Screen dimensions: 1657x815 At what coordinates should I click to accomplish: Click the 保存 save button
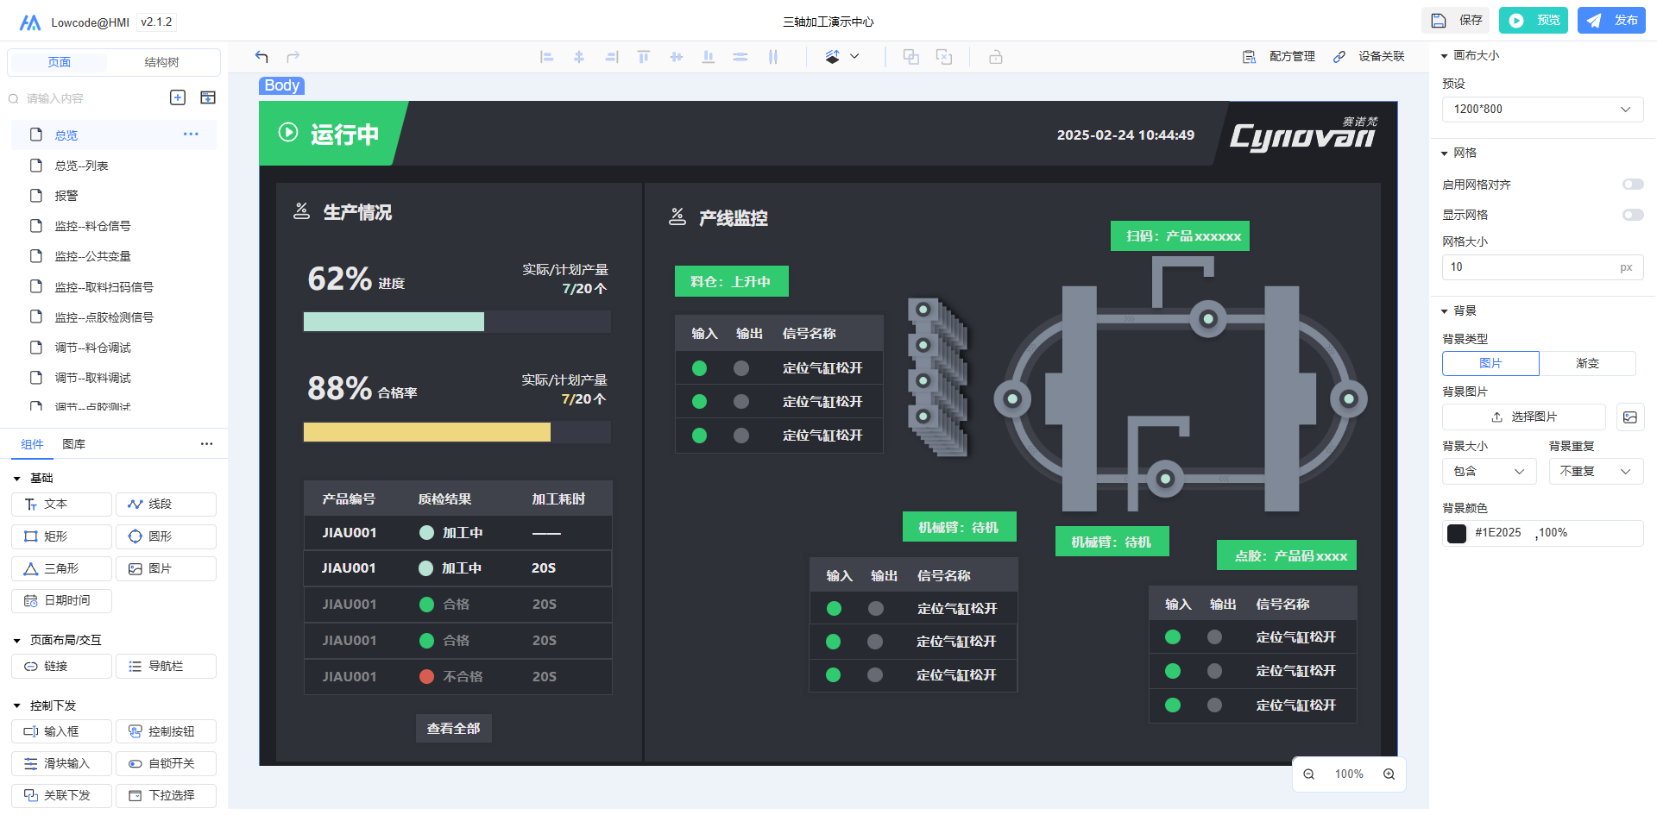(x=1457, y=21)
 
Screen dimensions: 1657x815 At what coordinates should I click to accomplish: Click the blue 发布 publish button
(x=1611, y=21)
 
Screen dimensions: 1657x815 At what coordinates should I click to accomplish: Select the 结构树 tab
(x=161, y=62)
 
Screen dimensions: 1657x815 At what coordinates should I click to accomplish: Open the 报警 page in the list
(x=66, y=196)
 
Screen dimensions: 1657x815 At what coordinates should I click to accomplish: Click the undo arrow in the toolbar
(x=261, y=57)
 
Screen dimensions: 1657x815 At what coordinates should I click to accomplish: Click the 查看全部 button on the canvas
(x=454, y=729)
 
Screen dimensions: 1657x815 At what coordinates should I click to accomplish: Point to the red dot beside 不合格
(x=426, y=677)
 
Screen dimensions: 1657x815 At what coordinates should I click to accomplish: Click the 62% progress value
(x=340, y=279)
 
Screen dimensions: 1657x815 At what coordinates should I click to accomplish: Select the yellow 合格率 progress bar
(x=427, y=432)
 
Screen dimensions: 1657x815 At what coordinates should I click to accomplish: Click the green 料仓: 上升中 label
(x=732, y=281)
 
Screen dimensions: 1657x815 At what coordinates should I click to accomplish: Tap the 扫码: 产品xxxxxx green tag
(x=1180, y=236)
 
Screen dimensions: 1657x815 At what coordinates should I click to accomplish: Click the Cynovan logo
(x=1303, y=135)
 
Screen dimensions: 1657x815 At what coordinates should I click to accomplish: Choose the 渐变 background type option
(x=1587, y=364)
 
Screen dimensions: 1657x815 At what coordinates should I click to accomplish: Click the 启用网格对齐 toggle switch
(x=1633, y=185)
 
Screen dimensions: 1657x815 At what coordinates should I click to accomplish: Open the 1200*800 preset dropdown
(x=1542, y=110)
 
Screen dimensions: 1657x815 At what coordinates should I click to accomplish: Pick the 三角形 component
(x=61, y=569)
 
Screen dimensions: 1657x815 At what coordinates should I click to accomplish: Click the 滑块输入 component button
(x=61, y=764)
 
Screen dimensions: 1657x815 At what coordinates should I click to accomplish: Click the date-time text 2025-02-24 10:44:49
(x=1125, y=135)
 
